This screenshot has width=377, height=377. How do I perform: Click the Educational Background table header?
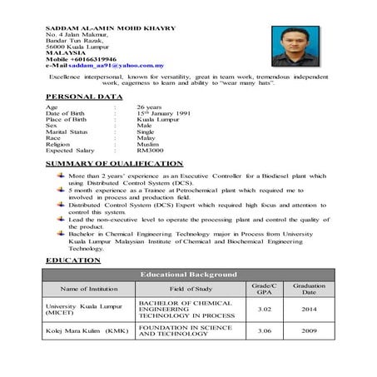coord(188,274)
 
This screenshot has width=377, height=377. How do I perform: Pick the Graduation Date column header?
coord(309,289)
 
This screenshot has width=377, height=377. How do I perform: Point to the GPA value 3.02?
coord(264,308)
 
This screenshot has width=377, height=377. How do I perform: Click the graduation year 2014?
coord(309,308)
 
